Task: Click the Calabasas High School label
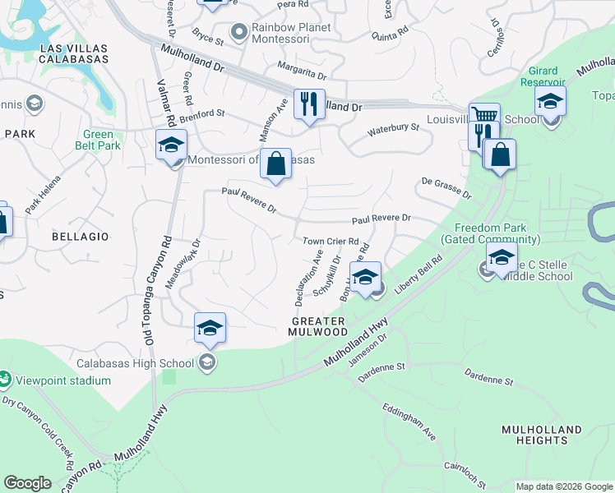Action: tap(136, 362)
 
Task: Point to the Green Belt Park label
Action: tap(103, 140)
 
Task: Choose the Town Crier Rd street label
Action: tap(331, 242)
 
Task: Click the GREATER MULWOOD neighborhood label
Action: tap(318, 325)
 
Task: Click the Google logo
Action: tap(28, 483)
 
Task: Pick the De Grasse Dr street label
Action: tap(446, 188)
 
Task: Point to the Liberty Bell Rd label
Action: tap(418, 277)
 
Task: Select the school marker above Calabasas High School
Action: tap(210, 329)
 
